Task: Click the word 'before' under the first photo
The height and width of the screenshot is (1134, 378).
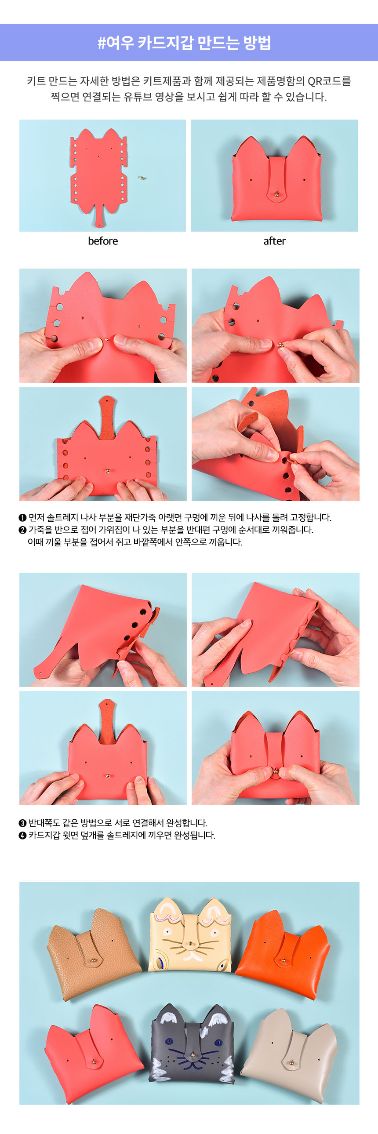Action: coord(103,241)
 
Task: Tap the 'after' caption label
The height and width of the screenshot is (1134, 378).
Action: coord(275,241)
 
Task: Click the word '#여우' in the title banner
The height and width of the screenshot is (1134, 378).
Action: coord(115,43)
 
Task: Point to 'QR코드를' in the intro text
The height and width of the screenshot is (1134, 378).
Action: coord(329,81)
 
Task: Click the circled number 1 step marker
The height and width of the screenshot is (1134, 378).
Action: coord(22,517)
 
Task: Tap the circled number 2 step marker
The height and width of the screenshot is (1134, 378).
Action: coord(22,530)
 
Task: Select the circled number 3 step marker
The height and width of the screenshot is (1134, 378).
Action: coord(22,823)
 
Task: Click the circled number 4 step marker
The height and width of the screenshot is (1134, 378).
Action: coord(22,835)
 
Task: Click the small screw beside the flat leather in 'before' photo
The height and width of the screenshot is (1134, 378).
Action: coord(142,178)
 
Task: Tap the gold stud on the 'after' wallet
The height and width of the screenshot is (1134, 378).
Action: coord(276,193)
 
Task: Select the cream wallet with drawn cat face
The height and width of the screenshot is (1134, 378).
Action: coord(190,936)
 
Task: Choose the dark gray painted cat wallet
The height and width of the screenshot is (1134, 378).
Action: coord(192,1044)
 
